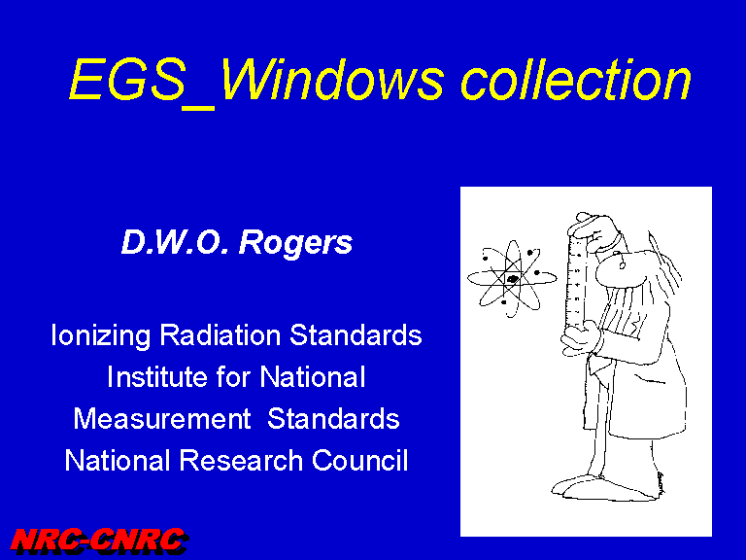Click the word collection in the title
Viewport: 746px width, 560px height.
(x=575, y=80)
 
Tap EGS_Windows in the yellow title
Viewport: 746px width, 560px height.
(x=256, y=82)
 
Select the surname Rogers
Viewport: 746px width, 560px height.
(x=295, y=244)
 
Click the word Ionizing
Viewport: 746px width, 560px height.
(x=100, y=335)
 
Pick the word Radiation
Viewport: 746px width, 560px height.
(x=220, y=334)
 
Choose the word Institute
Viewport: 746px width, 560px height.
(x=157, y=376)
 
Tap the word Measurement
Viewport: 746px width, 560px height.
(x=162, y=419)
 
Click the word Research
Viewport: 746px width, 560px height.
(x=241, y=461)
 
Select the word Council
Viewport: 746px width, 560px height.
(x=360, y=461)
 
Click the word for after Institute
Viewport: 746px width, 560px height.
(x=233, y=376)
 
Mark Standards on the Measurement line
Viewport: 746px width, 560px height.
(x=333, y=419)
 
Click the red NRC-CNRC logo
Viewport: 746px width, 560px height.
(x=99, y=542)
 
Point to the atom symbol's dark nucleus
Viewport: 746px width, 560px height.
(x=513, y=279)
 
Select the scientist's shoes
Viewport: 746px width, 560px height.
(x=604, y=488)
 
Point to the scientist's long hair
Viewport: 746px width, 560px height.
(x=666, y=266)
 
